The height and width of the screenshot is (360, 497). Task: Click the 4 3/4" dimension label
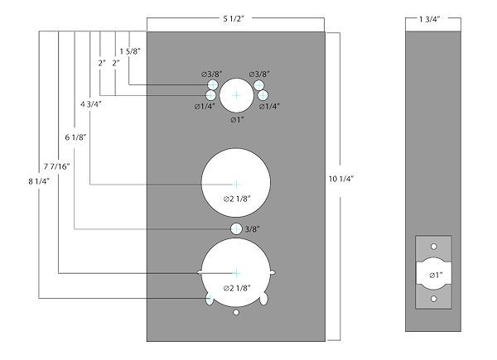tap(92, 105)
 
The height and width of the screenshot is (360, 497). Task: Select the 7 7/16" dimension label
tap(58, 166)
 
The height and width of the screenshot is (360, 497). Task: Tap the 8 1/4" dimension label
tap(38, 178)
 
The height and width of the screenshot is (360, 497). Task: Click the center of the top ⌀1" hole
tap(237, 96)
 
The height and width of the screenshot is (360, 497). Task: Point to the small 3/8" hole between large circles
tap(236, 228)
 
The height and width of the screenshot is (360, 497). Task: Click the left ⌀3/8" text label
tap(211, 74)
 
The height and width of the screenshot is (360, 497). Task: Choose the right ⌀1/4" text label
tap(271, 107)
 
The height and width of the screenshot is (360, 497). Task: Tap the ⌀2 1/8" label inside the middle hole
tap(238, 199)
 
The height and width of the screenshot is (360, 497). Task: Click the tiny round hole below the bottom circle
tap(237, 314)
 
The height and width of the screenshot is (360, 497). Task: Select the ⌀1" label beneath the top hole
tap(237, 120)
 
